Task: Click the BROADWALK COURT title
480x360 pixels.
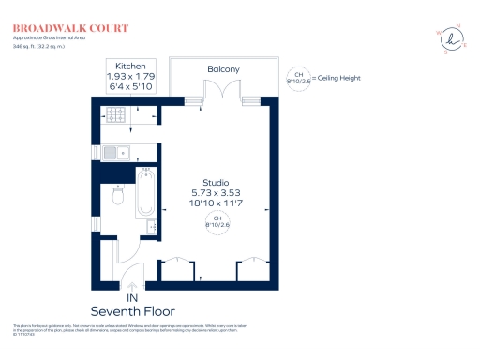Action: tap(58, 29)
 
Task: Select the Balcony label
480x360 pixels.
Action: tap(223, 69)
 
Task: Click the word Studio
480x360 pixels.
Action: tap(217, 183)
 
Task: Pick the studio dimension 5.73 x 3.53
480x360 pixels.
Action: tap(217, 193)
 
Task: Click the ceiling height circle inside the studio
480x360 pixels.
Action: tap(217, 222)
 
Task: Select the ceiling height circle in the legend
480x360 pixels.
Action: tap(299, 77)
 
